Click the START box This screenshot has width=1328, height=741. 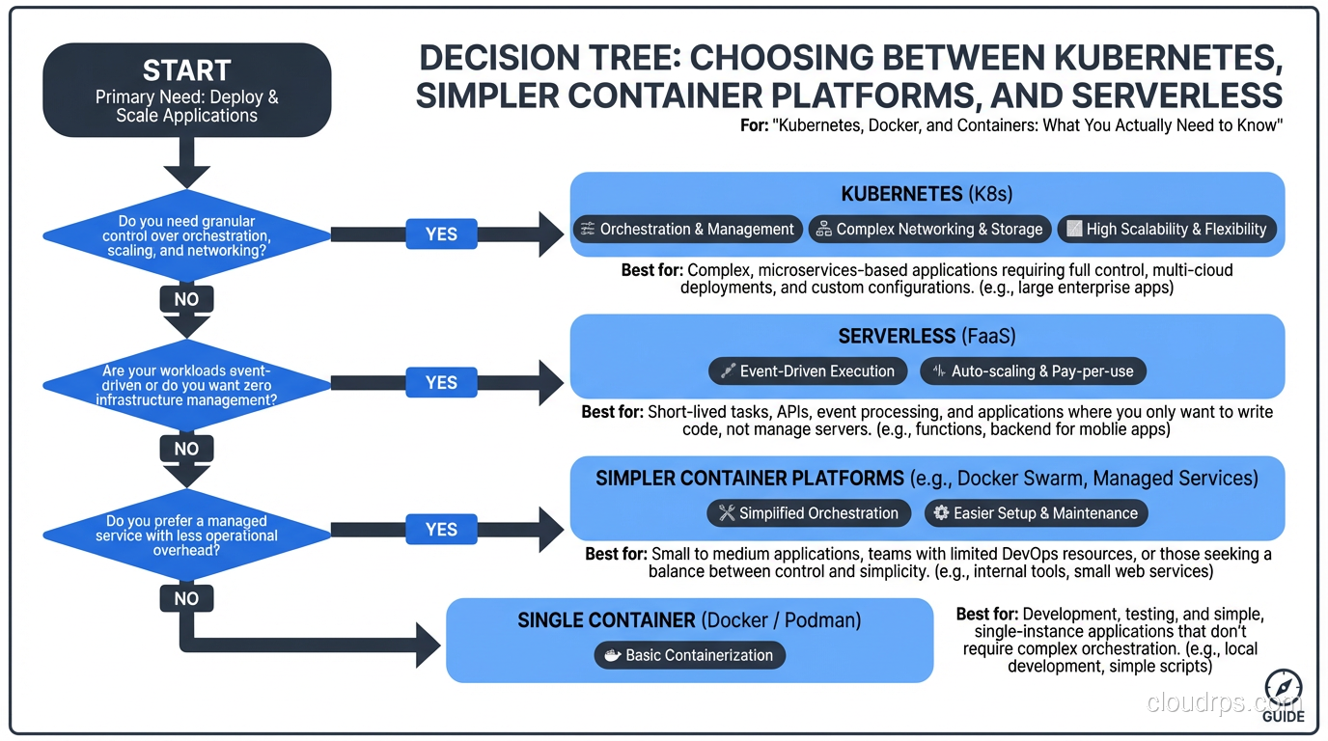(187, 90)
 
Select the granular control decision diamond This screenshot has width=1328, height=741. (186, 235)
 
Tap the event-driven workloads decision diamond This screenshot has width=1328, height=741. (186, 384)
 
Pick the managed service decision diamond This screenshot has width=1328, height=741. (186, 535)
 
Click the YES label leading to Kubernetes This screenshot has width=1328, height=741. (441, 233)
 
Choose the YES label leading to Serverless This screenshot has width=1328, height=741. (441, 382)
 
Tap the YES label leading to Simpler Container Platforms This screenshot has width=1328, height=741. (441, 529)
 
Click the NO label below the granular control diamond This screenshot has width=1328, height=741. (186, 299)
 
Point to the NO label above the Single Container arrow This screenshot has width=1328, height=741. (186, 598)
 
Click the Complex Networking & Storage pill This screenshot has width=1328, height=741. (929, 229)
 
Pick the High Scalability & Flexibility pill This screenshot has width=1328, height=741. (1167, 229)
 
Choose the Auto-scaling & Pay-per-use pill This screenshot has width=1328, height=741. (1033, 370)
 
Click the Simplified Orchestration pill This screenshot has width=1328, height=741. (808, 512)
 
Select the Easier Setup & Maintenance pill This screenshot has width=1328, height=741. (1036, 512)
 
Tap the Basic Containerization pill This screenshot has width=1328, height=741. (689, 655)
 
